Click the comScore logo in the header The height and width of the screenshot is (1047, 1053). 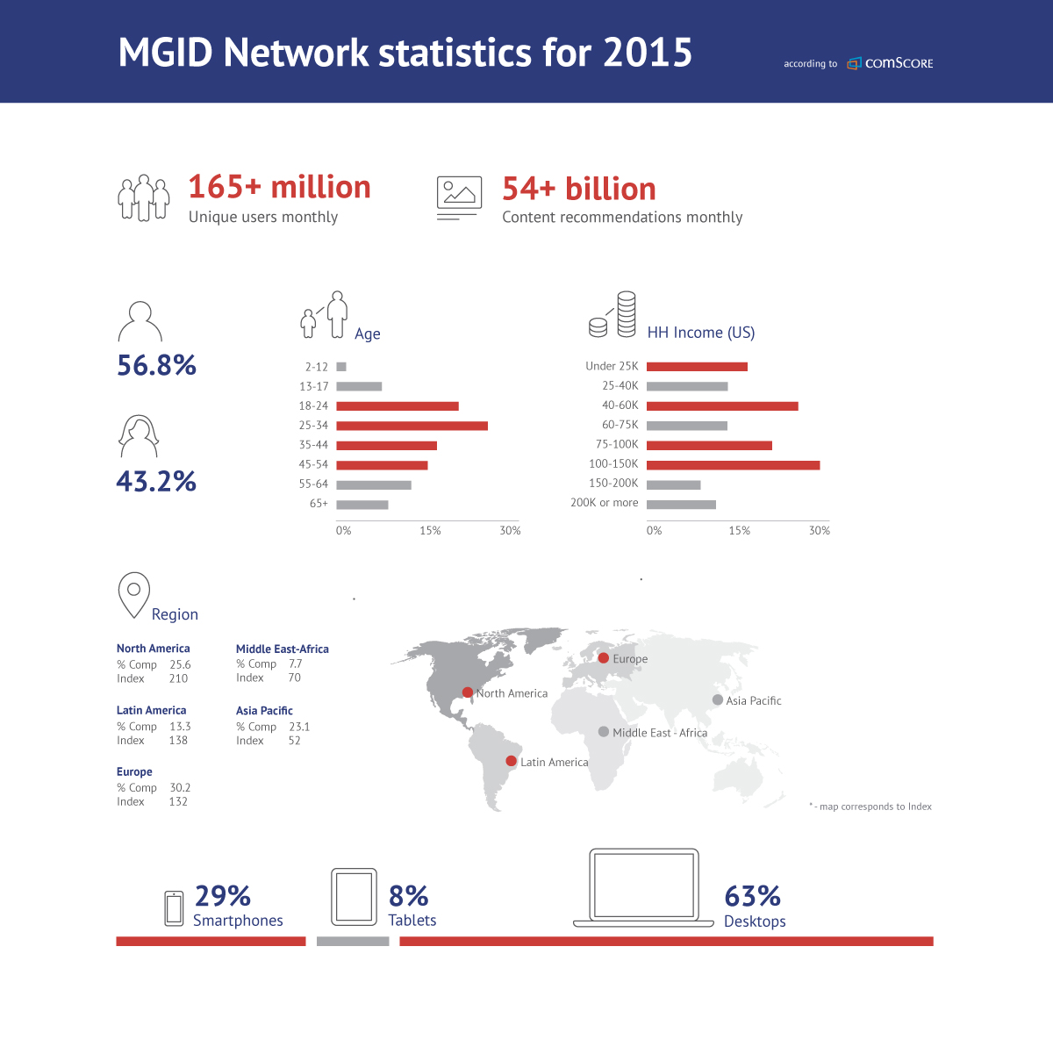pos(890,63)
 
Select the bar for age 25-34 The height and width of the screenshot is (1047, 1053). pos(412,426)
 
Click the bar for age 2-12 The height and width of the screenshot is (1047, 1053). pos(341,367)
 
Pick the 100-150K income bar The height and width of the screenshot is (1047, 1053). pos(733,464)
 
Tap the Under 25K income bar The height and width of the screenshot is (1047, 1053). pos(697,367)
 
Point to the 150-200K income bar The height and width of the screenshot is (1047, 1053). pos(673,484)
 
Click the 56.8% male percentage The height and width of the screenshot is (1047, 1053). pos(157,365)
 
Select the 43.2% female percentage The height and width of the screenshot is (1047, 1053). pos(156,481)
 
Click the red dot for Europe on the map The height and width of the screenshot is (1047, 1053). pos(604,657)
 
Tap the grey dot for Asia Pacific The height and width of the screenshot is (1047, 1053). pos(718,699)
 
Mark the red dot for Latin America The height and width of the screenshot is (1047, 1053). pos(511,761)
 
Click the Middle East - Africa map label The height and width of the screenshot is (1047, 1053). pos(660,733)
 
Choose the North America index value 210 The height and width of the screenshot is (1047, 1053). pos(178,678)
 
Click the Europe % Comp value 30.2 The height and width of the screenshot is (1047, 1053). pos(180,788)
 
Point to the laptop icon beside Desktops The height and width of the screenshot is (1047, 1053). pos(644,887)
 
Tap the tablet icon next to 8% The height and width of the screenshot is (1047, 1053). pos(354,897)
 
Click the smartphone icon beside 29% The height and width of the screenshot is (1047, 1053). pos(174,908)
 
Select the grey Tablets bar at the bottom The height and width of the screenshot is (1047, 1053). pos(353,942)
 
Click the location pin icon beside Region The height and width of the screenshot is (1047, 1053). pos(134,594)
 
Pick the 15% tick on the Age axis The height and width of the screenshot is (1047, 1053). pos(430,531)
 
